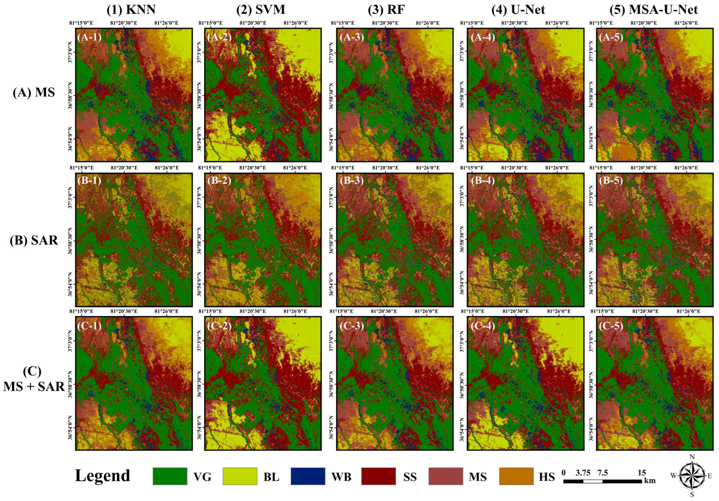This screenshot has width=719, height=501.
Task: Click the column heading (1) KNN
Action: (x=131, y=10)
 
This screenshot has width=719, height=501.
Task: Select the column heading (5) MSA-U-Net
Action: (x=653, y=10)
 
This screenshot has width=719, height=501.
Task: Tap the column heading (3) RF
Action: (x=386, y=10)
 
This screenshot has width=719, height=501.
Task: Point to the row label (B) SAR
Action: (x=34, y=240)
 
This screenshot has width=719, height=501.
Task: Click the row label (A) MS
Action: (x=34, y=93)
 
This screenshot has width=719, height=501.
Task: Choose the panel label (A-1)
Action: (x=89, y=37)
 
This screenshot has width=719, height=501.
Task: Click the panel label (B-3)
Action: (x=352, y=181)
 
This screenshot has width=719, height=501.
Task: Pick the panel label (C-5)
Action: (x=611, y=326)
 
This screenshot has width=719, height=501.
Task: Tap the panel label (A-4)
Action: (x=483, y=37)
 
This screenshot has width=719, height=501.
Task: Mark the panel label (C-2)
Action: (x=219, y=326)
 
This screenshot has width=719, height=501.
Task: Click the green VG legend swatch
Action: (x=170, y=476)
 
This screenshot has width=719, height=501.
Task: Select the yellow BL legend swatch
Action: (x=240, y=476)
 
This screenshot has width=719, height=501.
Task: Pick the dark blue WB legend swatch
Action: (x=308, y=476)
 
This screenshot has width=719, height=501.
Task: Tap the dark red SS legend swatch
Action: (x=378, y=476)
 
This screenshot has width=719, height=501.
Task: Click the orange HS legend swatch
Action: (x=516, y=476)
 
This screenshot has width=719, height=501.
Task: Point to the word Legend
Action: (x=102, y=476)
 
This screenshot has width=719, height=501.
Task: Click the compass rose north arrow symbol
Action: (x=692, y=476)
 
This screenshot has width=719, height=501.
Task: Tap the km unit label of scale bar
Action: (x=649, y=481)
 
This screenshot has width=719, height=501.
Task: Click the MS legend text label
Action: (x=477, y=477)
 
